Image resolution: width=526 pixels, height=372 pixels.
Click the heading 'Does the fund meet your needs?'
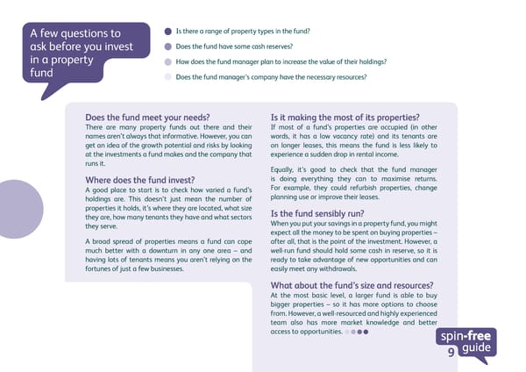[x=147, y=118]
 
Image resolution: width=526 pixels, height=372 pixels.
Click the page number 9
[x=451, y=353]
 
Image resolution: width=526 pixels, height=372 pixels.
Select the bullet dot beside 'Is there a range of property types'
[x=168, y=31]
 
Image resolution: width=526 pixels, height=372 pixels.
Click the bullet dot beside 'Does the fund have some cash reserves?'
[x=168, y=46]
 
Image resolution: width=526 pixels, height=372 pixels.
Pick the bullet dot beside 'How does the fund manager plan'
[x=168, y=61]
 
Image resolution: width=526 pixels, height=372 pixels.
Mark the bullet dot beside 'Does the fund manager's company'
[x=168, y=77]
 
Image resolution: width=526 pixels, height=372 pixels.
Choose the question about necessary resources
[x=271, y=77]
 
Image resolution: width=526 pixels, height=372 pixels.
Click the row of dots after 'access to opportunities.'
[x=358, y=333]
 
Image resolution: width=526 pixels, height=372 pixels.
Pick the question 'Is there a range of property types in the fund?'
[x=243, y=31]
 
